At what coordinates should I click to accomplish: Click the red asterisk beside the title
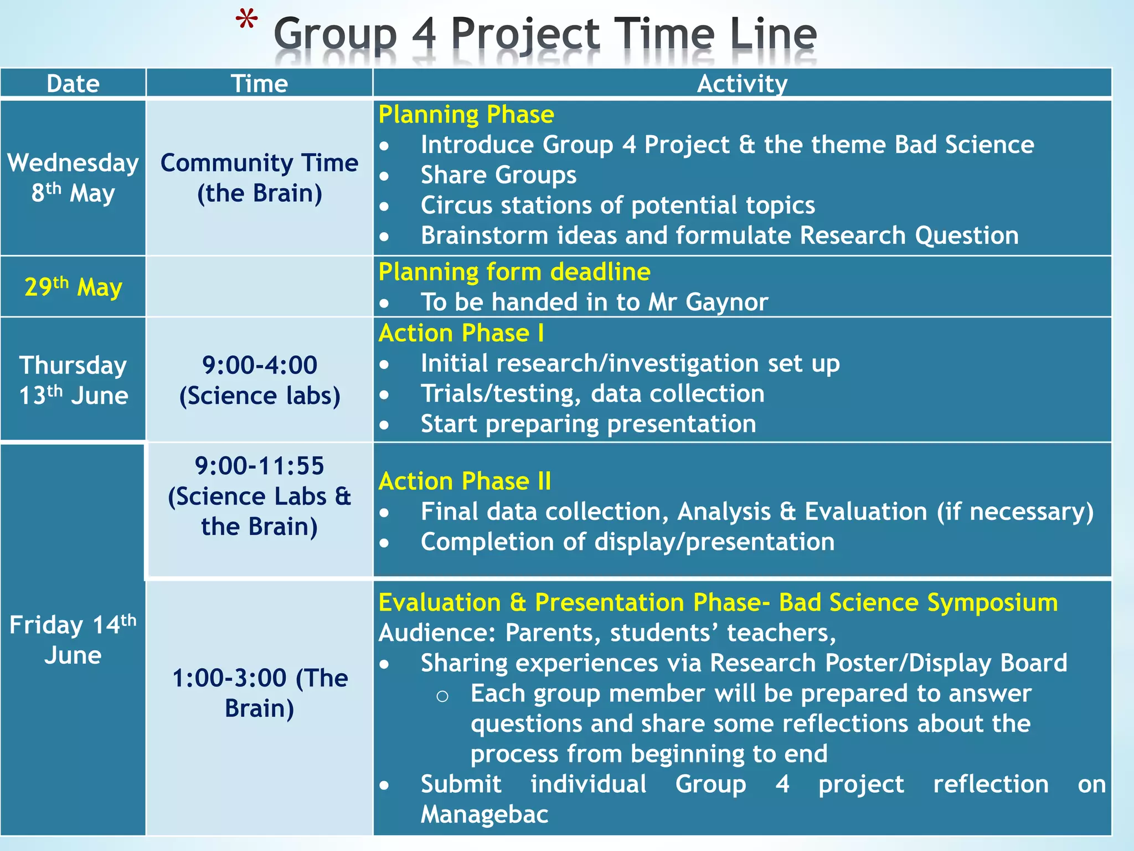point(246,22)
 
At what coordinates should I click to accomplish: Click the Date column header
point(73,84)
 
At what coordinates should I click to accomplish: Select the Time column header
point(259,84)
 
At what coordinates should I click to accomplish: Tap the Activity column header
point(742,84)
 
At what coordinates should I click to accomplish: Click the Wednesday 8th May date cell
point(73,178)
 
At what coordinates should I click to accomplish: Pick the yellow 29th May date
point(73,287)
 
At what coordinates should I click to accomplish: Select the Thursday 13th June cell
point(73,380)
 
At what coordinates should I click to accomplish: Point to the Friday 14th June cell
point(73,639)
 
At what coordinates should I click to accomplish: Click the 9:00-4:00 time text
point(259,365)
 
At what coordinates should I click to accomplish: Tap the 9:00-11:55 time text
point(259,466)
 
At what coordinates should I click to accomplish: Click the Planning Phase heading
point(466,115)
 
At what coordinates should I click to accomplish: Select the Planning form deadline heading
point(514,272)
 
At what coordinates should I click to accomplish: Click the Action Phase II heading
point(465,481)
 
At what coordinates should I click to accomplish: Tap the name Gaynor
point(726,303)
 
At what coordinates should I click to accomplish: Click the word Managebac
point(484,814)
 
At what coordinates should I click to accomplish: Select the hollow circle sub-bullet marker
point(442,696)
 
